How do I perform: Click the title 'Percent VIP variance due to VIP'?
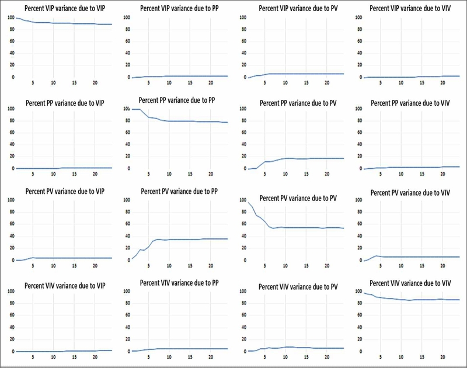click(x=65, y=8)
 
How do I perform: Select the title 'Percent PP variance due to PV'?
click(x=298, y=103)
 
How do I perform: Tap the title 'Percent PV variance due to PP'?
click(x=179, y=191)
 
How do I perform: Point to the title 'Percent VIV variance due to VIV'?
click(x=410, y=283)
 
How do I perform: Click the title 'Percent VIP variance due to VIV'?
click(x=410, y=8)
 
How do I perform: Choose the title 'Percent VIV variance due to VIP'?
click(x=65, y=286)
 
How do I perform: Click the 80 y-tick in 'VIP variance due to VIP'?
click(x=12, y=29)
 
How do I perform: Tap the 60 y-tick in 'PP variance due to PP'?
click(x=128, y=132)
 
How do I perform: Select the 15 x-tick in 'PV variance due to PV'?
click(x=306, y=266)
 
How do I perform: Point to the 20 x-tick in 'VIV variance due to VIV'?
click(x=442, y=357)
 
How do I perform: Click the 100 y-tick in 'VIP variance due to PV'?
click(x=243, y=18)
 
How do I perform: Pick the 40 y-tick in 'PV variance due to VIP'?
click(x=12, y=236)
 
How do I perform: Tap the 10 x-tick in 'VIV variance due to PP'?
click(x=169, y=357)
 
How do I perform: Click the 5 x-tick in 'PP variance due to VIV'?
click(x=381, y=174)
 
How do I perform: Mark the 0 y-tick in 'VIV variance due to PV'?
click(x=245, y=352)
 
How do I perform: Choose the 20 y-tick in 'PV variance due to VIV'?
click(x=360, y=248)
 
